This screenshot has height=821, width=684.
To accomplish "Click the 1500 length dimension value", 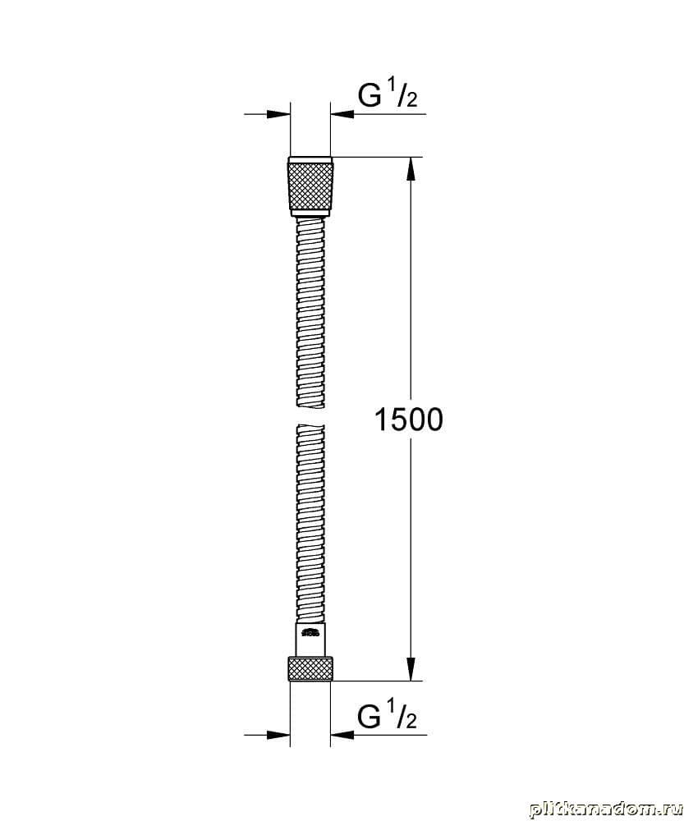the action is click(409, 420).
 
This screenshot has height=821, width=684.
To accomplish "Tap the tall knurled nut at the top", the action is click(310, 186).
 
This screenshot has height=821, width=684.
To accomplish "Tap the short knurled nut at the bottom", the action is click(310, 668).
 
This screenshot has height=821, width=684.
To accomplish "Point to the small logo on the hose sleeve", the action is click(310, 633).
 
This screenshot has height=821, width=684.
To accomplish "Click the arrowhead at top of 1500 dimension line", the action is click(411, 169).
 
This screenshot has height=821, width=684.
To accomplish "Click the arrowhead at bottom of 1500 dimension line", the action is click(411, 668).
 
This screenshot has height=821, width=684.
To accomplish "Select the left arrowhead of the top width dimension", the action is click(278, 113).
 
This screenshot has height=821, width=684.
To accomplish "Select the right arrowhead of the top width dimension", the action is click(342, 113).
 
